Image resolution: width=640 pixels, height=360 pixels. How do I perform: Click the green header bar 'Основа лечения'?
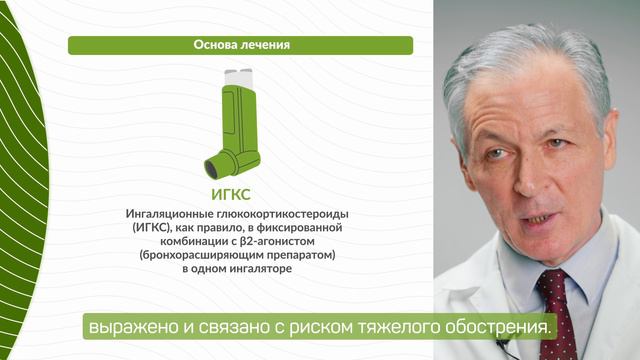coord(240,45)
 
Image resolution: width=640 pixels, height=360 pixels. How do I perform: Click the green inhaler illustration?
coord(238,125)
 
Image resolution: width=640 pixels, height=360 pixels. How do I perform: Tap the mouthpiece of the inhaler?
coord(215,163)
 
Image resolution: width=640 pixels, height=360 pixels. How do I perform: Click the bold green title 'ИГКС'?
coord(239,194)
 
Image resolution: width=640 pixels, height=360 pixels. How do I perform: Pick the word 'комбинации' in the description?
coord(186,242)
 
